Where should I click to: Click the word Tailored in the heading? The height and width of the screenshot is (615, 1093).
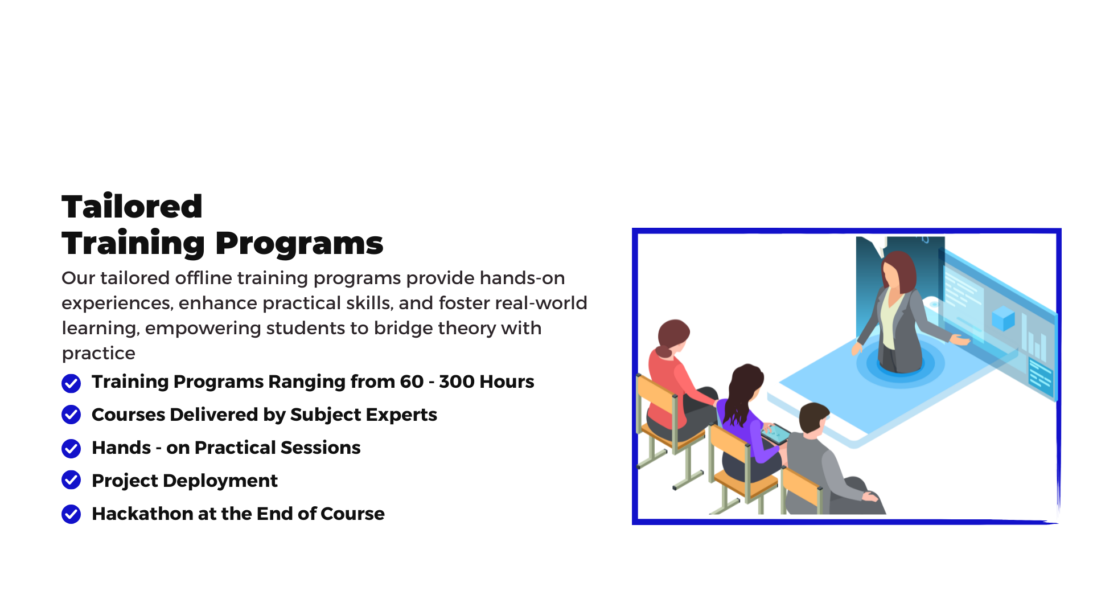tap(132, 206)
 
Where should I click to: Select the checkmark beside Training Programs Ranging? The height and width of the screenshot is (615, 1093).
tap(71, 383)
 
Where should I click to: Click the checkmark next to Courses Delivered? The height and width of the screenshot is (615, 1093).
tap(71, 415)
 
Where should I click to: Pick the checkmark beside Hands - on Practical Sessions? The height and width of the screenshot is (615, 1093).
tap(71, 448)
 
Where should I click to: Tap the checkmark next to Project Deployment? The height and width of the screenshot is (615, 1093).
tap(71, 480)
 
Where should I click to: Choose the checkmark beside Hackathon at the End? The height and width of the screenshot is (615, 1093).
tap(71, 514)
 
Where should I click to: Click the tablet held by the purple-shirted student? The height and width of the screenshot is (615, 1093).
tap(776, 434)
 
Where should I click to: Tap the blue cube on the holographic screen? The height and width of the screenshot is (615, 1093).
tap(1003, 318)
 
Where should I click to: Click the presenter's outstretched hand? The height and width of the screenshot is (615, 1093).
tap(960, 340)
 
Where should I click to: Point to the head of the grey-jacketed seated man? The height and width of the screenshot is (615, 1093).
tap(814, 419)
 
